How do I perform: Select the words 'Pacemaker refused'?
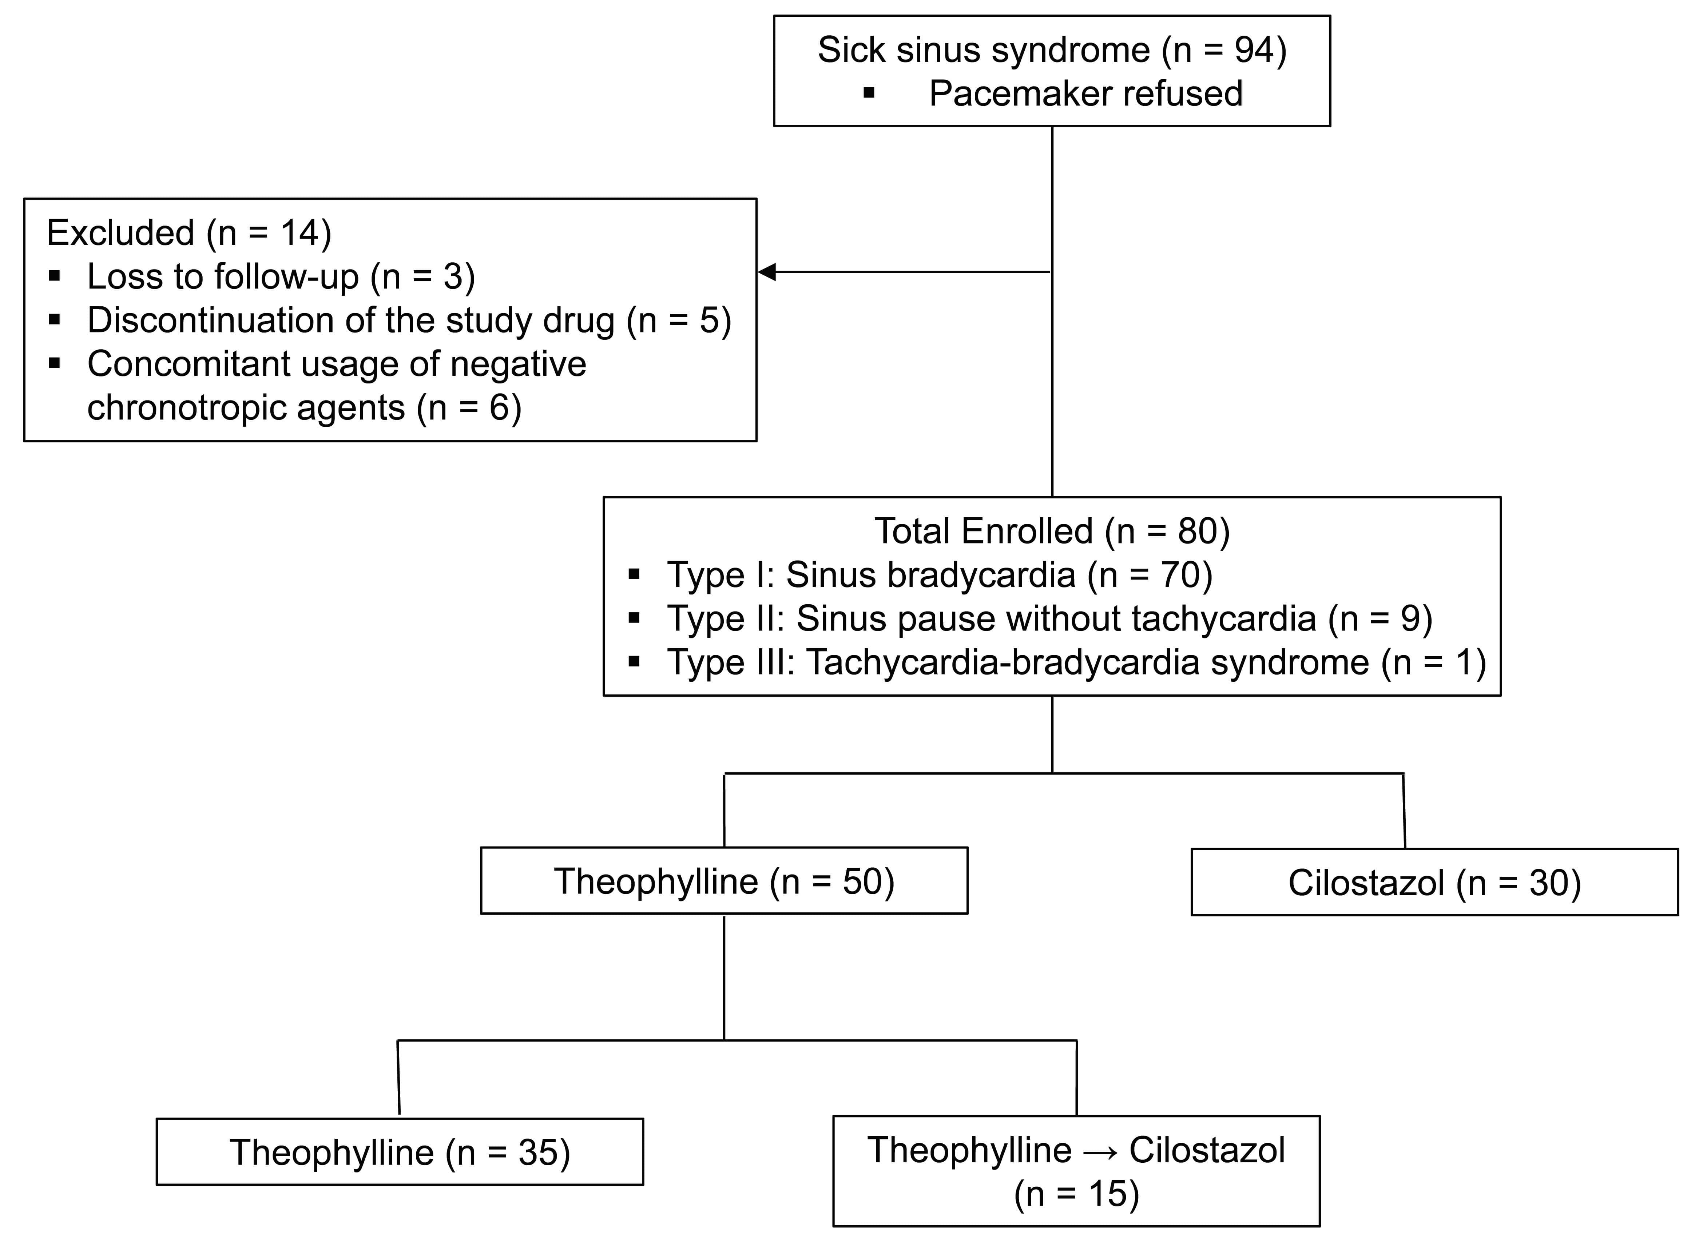(x=1085, y=94)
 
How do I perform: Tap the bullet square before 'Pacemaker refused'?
(x=869, y=94)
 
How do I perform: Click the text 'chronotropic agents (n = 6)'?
(x=304, y=408)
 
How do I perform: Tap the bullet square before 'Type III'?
(x=634, y=663)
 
